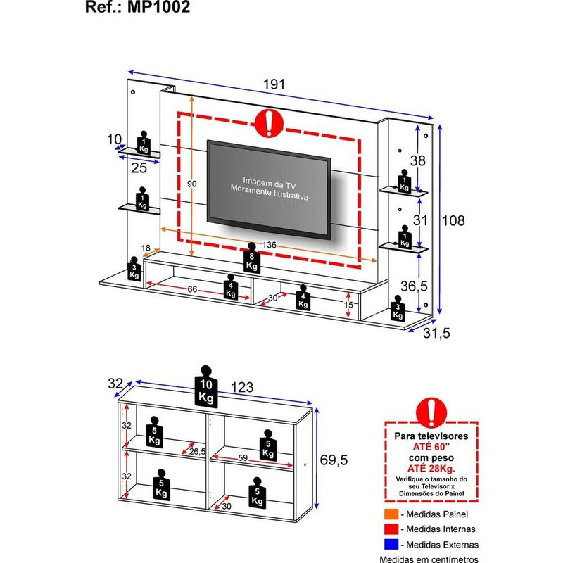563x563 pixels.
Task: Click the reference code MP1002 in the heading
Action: coord(160,8)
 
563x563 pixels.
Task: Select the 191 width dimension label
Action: coord(275,84)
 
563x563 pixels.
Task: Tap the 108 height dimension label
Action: coord(453,221)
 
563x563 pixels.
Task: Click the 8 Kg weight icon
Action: coord(253,261)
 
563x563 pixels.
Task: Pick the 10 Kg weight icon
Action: coord(205,389)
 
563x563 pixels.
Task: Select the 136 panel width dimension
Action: coord(268,244)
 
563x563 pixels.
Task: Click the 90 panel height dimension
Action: coord(191,184)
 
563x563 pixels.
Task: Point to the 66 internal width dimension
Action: coord(191,289)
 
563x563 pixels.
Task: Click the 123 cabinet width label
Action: coord(242,387)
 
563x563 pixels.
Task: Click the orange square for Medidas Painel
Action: coord(391,514)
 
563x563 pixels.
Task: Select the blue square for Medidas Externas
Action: coord(391,545)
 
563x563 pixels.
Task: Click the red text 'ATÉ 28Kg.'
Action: coord(431,467)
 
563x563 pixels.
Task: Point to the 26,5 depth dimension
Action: coord(196,452)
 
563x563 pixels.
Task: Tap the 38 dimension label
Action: coord(418,160)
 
